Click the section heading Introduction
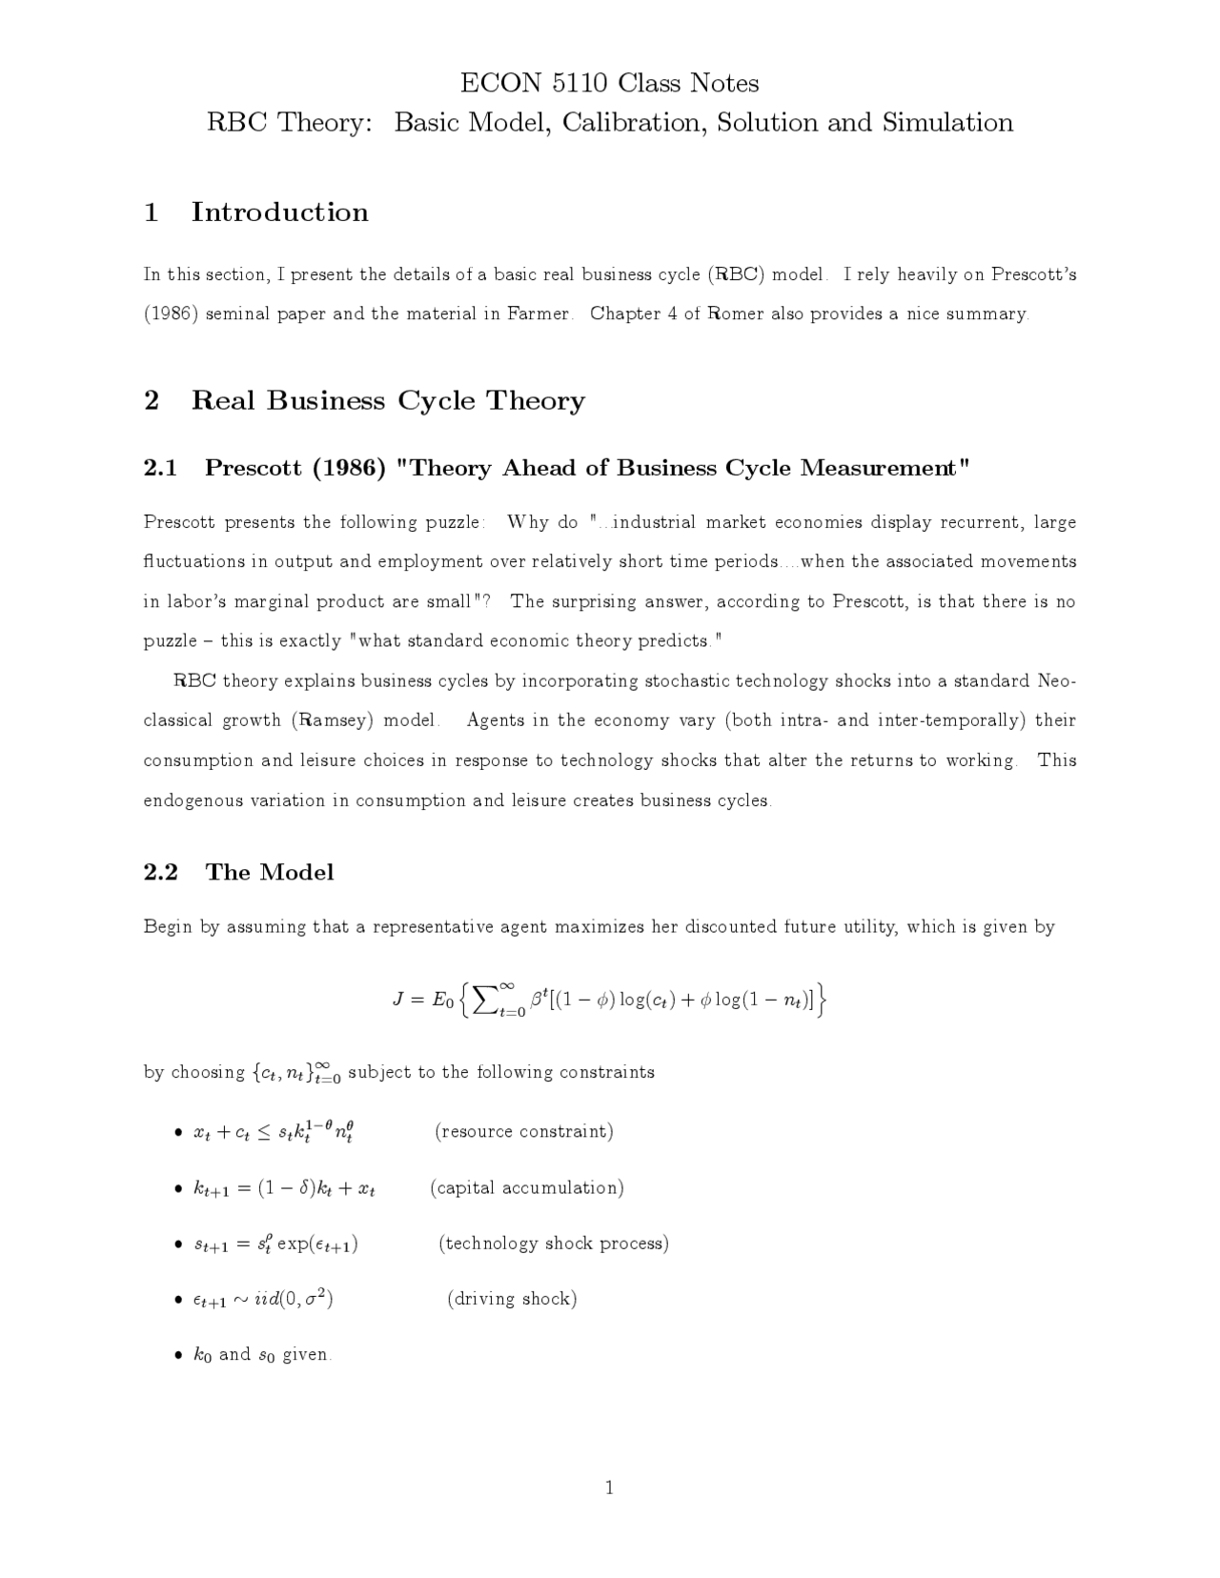click(279, 212)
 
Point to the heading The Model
click(270, 872)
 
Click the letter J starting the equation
click(399, 1000)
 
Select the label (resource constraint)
click(524, 1131)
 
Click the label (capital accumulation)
click(527, 1187)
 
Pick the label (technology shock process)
click(554, 1243)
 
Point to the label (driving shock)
click(512, 1298)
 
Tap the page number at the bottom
click(609, 1488)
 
